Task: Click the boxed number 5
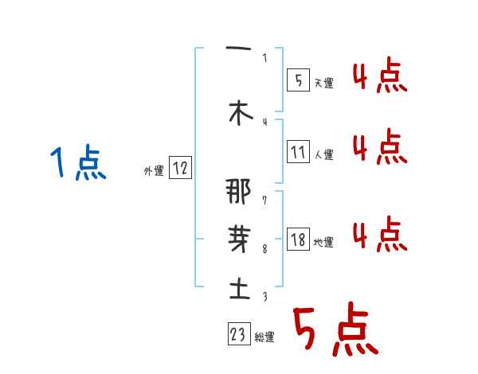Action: point(298,80)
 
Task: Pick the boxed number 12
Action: point(180,168)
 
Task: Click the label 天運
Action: point(324,83)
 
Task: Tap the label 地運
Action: point(324,243)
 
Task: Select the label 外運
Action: point(154,170)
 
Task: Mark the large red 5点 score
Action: point(335,332)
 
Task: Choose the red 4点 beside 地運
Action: point(379,234)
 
